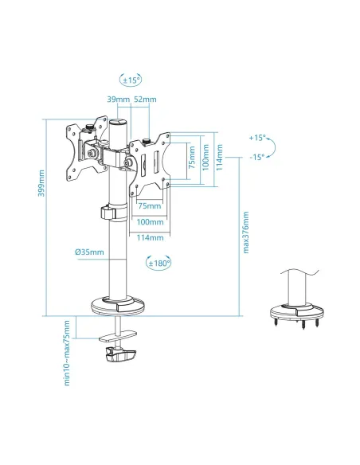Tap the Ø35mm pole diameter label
(90, 252)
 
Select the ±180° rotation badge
(158, 262)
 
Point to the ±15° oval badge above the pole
(130, 80)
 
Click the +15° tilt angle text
(256, 138)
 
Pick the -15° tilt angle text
(256, 157)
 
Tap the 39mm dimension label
(118, 99)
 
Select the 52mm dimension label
(146, 99)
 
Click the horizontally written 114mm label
(151, 236)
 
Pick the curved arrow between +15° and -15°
(272, 147)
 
